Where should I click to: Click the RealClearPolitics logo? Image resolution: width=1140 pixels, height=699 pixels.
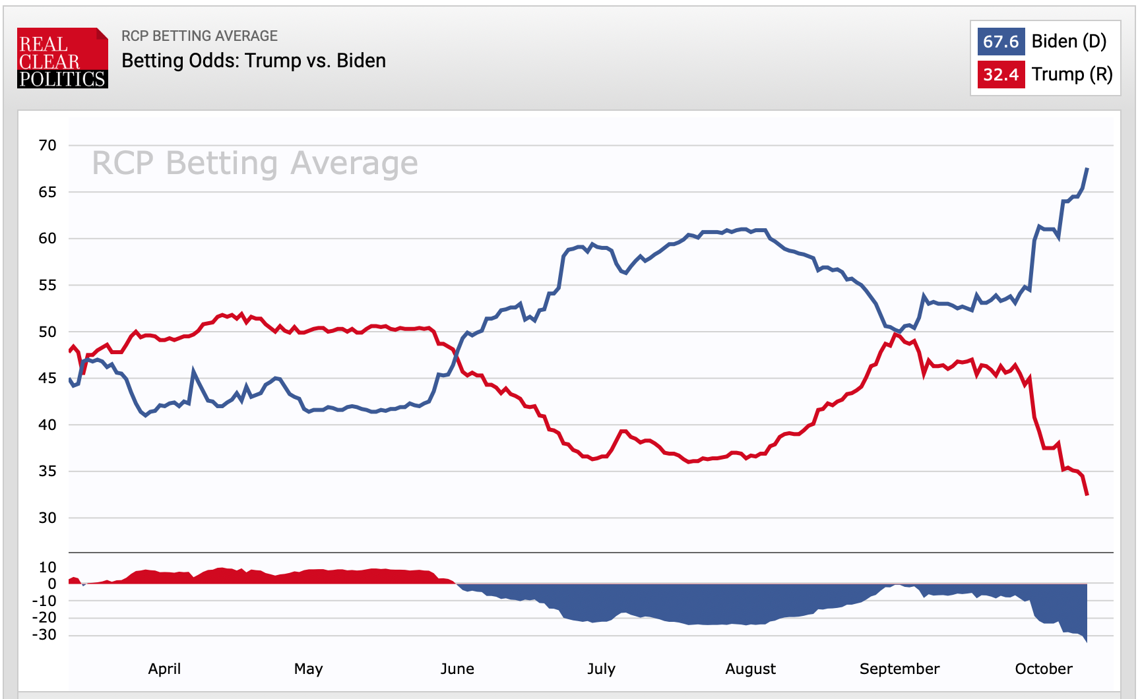tap(62, 58)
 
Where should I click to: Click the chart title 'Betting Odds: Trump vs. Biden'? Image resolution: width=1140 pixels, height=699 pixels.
tap(253, 61)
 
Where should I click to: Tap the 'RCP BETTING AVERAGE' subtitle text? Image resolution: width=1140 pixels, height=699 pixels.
tap(199, 36)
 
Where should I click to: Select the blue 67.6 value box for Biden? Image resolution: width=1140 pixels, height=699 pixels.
tap(1000, 42)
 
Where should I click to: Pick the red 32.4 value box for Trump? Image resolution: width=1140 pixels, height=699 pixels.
tap(1000, 75)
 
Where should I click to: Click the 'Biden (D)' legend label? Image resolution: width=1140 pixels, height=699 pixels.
tap(1069, 42)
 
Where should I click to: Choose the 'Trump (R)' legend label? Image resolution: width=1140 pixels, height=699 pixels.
tap(1072, 75)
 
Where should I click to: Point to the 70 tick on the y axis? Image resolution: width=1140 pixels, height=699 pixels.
tap(47, 145)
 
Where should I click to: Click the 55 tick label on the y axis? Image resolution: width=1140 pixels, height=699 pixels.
tap(47, 285)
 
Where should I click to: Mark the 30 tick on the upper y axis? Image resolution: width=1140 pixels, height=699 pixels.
tap(47, 518)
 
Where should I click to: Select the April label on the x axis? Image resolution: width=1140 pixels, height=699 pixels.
tap(164, 669)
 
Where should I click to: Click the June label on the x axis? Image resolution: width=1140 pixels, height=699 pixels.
tap(457, 669)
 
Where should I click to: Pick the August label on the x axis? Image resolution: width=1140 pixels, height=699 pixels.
tap(750, 669)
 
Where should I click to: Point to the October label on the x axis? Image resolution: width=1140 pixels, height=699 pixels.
tap(1044, 669)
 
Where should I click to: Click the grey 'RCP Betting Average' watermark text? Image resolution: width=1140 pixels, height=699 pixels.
tap(255, 163)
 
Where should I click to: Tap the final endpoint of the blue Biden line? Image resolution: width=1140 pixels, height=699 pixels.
tap(1087, 169)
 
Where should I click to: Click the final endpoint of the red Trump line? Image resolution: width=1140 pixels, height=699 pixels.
tap(1087, 495)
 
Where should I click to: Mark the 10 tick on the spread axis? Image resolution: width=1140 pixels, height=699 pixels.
tap(47, 567)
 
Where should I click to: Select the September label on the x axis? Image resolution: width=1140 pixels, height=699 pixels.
tap(899, 669)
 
